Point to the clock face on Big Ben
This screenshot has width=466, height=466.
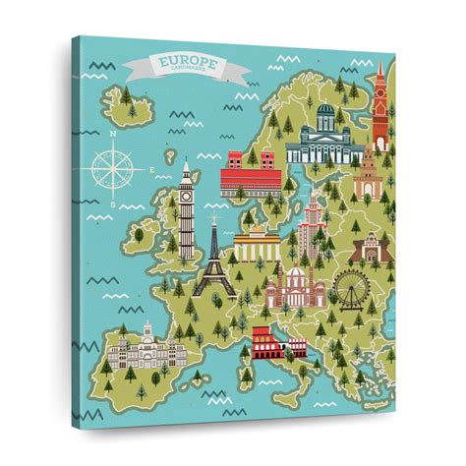pyautogui.click(x=187, y=193)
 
